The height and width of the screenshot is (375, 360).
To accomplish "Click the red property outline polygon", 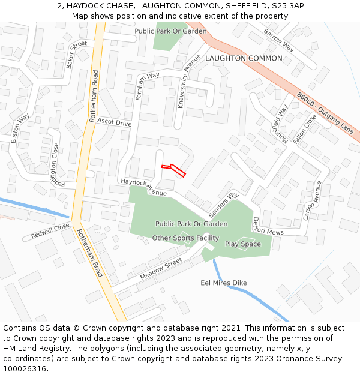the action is (x=174, y=169).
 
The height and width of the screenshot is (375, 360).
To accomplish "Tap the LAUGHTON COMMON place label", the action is (x=244, y=58).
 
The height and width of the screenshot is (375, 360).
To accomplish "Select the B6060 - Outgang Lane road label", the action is (x=326, y=112).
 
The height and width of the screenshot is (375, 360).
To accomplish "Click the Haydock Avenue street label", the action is (x=143, y=187).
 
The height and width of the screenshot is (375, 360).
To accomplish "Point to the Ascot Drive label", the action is (x=114, y=122).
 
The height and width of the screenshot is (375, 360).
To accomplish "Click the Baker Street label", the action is (x=76, y=55).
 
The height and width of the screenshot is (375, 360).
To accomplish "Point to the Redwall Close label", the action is (x=52, y=232).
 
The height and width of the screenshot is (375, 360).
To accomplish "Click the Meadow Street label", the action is (x=161, y=269).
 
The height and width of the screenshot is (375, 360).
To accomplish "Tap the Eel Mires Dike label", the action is (x=223, y=283).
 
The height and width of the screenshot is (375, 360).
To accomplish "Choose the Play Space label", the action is (x=243, y=244).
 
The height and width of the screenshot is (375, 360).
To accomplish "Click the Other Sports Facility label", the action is (x=185, y=238).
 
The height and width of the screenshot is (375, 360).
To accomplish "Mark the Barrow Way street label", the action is (x=279, y=40).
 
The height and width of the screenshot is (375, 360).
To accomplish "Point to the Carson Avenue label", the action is (x=313, y=200).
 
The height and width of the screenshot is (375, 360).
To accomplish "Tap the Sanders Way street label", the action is (x=223, y=205).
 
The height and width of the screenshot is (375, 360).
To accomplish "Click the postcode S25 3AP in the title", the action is (x=287, y=5).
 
